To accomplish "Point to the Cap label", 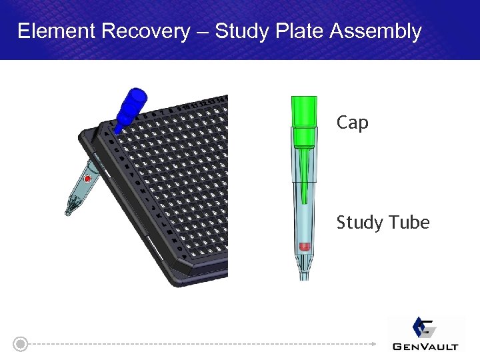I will pyautogui.click(x=353, y=123).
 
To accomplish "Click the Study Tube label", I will pyautogui.click(x=383, y=222).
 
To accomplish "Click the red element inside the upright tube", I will pyautogui.click(x=304, y=247).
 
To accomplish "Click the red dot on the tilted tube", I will pyautogui.click(x=87, y=179).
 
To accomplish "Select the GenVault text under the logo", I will pyautogui.click(x=425, y=346).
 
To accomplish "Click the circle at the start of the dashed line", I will pyautogui.click(x=21, y=344).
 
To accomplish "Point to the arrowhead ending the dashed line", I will pyautogui.click(x=373, y=344).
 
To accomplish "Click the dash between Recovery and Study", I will pyautogui.click(x=203, y=32).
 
